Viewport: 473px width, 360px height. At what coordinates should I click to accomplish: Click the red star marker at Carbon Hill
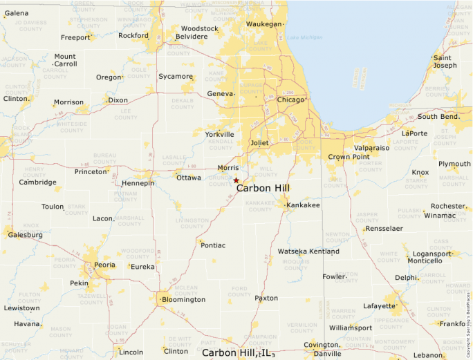tap(236, 180)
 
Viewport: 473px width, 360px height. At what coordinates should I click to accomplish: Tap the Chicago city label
tap(290, 100)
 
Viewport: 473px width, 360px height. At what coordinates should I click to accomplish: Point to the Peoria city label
tap(104, 265)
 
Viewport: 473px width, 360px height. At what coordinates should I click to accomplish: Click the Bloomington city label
tap(183, 299)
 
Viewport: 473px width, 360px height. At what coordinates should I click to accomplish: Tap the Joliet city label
tap(259, 143)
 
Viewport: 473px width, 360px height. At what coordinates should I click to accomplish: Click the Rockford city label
tap(133, 35)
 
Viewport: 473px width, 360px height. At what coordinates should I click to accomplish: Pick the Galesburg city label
tap(25, 235)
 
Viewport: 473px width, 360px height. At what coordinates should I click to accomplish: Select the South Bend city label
tap(438, 117)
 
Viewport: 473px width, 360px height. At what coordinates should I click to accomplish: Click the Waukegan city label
tap(264, 24)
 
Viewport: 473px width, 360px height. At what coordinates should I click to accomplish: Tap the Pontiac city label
tap(212, 245)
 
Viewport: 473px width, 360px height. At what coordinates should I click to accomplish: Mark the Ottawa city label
tap(189, 178)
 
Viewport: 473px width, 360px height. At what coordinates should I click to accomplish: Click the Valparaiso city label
tap(371, 148)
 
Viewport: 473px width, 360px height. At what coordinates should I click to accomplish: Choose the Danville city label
tap(327, 354)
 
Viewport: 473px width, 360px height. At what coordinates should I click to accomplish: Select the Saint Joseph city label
tap(445, 61)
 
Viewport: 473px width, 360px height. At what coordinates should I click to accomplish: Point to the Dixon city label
tap(118, 100)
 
